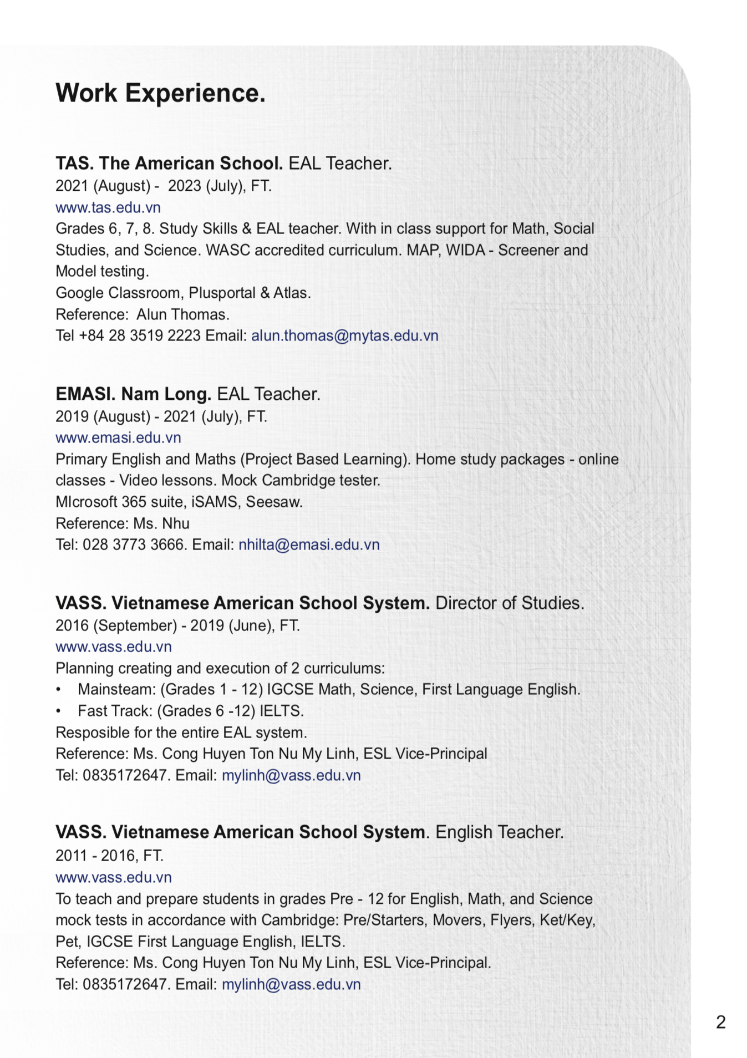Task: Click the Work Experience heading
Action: tap(160, 93)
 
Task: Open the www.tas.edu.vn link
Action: tap(108, 207)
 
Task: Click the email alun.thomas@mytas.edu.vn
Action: tap(344, 335)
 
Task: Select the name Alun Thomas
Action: tap(182, 314)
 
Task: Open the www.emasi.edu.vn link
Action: tap(118, 438)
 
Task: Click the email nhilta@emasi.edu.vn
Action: tap(309, 545)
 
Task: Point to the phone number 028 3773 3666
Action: tap(133, 545)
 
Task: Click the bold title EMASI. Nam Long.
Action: tap(133, 394)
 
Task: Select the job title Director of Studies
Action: tap(509, 603)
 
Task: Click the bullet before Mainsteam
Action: tap(59, 690)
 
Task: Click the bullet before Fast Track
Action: tap(59, 711)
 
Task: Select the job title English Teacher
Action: tap(499, 832)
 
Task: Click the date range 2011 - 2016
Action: tap(95, 856)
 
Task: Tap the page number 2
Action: tap(720, 1022)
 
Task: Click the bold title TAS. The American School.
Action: tap(169, 163)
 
